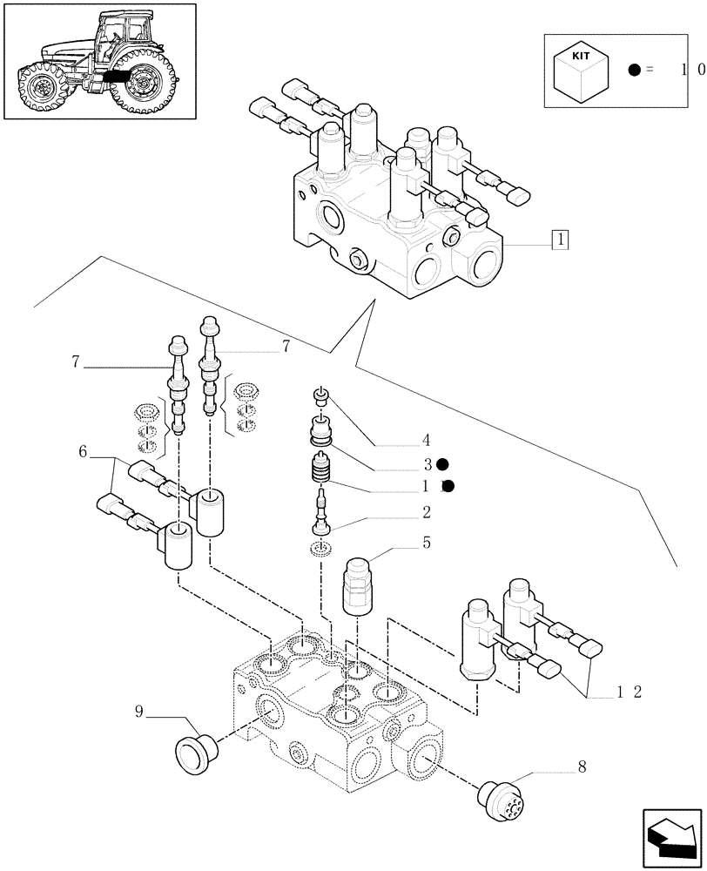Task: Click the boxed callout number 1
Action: (x=560, y=239)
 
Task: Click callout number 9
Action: (x=138, y=712)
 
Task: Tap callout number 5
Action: (x=427, y=543)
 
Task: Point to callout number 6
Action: (x=83, y=451)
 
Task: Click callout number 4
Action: (x=427, y=440)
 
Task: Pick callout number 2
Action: (x=427, y=510)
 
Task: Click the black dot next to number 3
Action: (x=442, y=464)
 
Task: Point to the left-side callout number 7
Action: (x=76, y=361)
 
